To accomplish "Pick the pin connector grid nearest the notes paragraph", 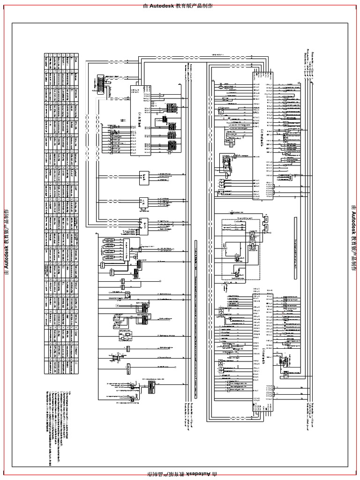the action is point(151,386).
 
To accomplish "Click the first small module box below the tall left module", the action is point(144,176).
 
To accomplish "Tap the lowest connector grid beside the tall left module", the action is point(172,146).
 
